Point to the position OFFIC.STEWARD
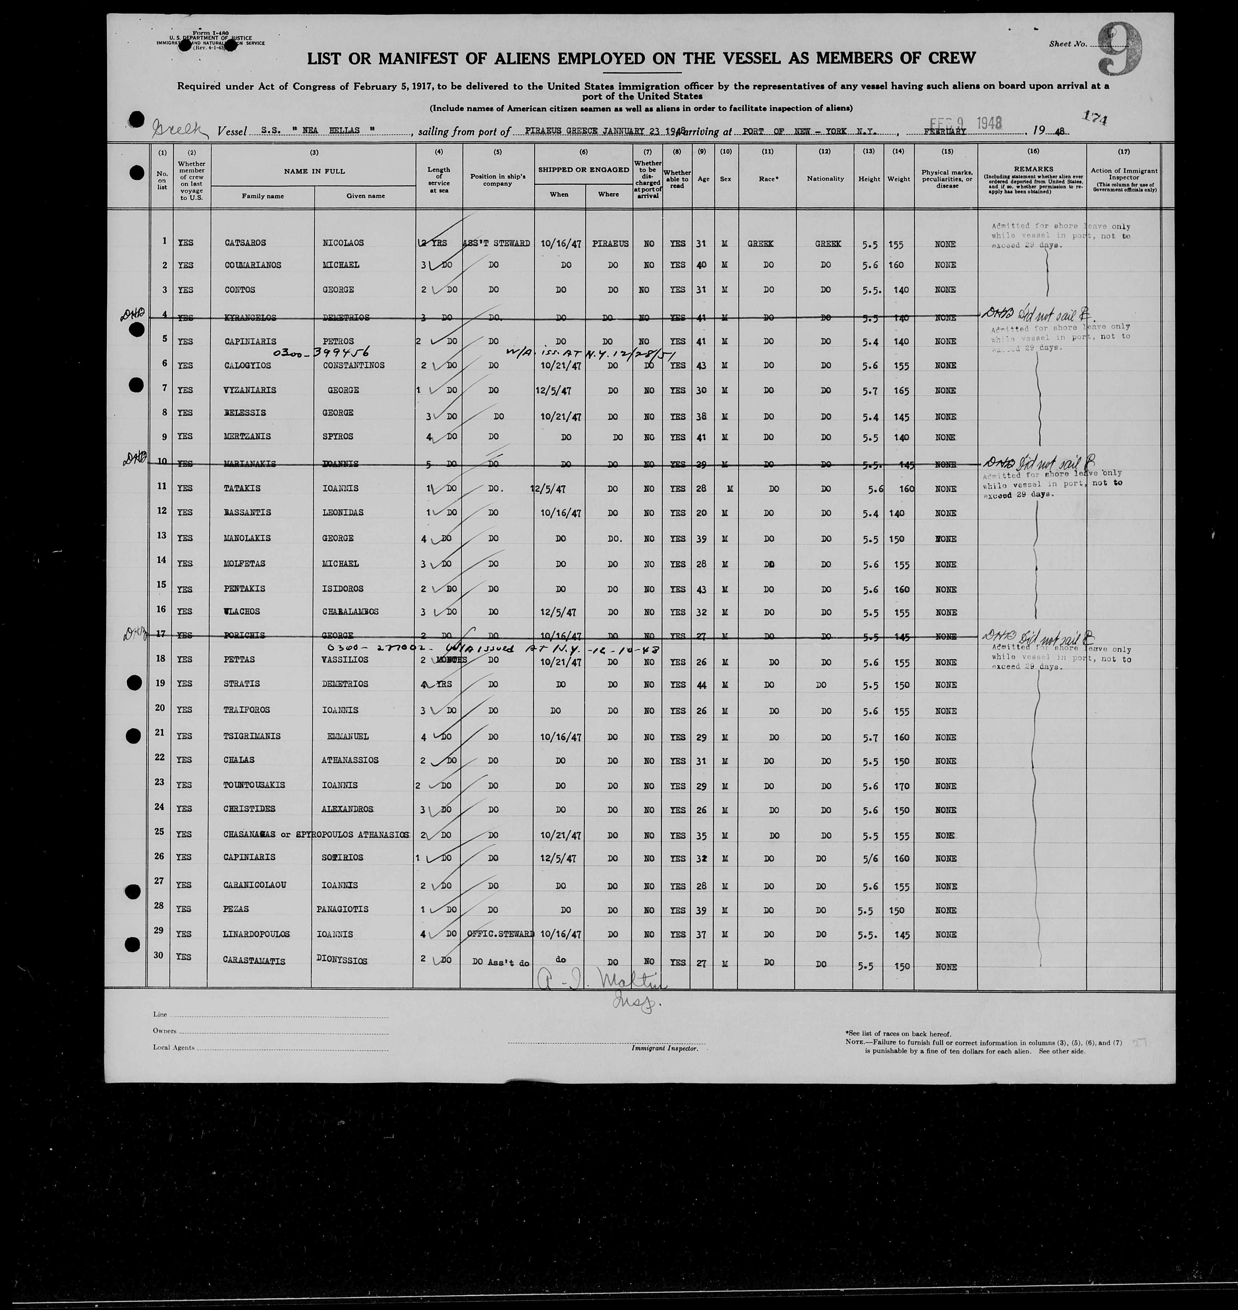(499, 934)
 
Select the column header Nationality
(825, 179)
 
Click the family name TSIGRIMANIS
(251, 736)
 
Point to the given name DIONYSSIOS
(341, 961)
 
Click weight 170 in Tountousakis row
(901, 786)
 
